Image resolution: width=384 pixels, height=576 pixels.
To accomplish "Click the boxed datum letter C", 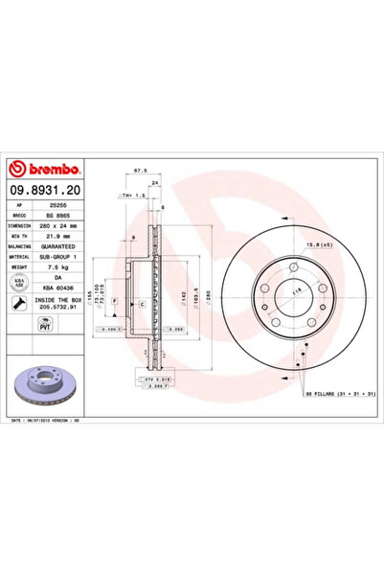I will click(x=142, y=303).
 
